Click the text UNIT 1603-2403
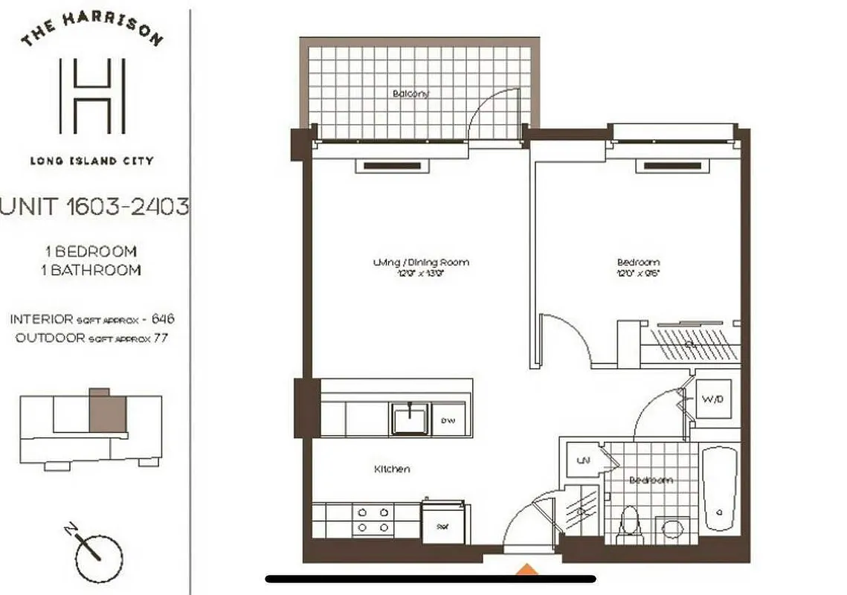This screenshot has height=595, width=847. click(x=94, y=207)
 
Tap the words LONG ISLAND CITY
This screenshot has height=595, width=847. click(x=91, y=160)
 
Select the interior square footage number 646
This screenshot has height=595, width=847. click(x=163, y=319)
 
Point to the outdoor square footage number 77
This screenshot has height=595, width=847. click(x=157, y=336)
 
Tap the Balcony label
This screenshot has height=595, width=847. click(x=412, y=94)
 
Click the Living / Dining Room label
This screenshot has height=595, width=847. click(x=421, y=263)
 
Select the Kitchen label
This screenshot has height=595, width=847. click(x=392, y=469)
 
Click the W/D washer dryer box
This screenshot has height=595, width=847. click(x=712, y=399)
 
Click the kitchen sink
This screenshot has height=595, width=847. click(x=409, y=419)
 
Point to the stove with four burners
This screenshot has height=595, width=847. click(x=372, y=519)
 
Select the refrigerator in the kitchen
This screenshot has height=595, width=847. click(x=443, y=524)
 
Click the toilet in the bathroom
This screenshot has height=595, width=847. click(x=630, y=524)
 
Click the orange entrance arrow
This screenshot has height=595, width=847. click(x=527, y=570)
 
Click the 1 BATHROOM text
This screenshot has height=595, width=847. click(x=91, y=270)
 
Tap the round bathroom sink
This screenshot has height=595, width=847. click(x=672, y=530)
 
